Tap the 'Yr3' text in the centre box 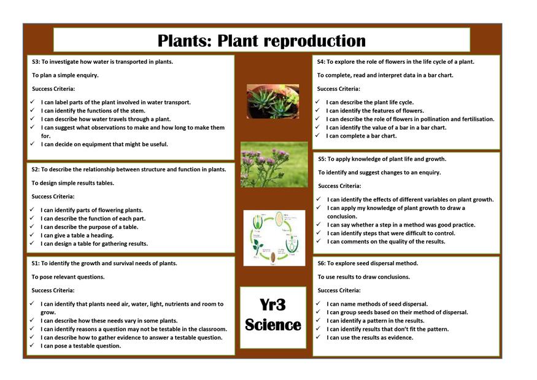click(x=272, y=304)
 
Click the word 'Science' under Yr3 click(x=273, y=325)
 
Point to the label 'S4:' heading click(x=321, y=62)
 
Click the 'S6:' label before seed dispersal click(x=322, y=263)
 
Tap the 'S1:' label click(x=35, y=263)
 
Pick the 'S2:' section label click(x=35, y=169)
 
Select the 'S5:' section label click(x=322, y=159)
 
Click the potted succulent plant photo click(x=273, y=101)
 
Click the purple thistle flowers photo click(x=274, y=165)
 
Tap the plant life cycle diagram click(x=274, y=238)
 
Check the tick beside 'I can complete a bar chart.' click(x=317, y=135)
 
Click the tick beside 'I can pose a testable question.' click(x=32, y=346)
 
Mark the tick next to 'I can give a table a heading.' click(x=32, y=235)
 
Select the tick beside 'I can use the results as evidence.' click(x=318, y=337)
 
